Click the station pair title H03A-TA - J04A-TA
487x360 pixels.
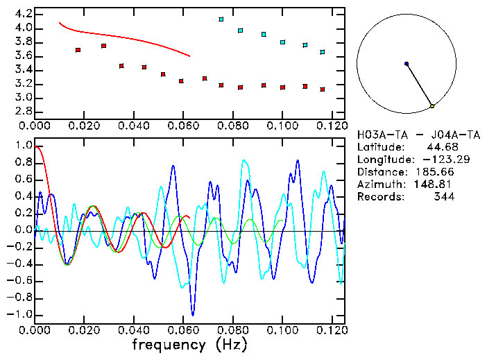(x=418, y=135)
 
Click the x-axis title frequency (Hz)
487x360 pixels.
(x=189, y=344)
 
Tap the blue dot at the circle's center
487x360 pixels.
(x=407, y=64)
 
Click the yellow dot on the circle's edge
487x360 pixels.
(x=432, y=106)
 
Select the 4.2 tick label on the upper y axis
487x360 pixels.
(x=23, y=14)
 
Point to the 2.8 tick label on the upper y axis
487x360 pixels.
(x=23, y=112)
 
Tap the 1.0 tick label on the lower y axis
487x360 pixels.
(x=23, y=146)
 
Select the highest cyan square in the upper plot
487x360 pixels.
(x=221, y=19)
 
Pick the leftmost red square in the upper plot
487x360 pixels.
(x=78, y=50)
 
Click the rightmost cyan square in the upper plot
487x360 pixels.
(x=323, y=52)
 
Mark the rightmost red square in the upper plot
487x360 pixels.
(x=323, y=89)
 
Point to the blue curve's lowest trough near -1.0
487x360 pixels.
(x=193, y=315)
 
